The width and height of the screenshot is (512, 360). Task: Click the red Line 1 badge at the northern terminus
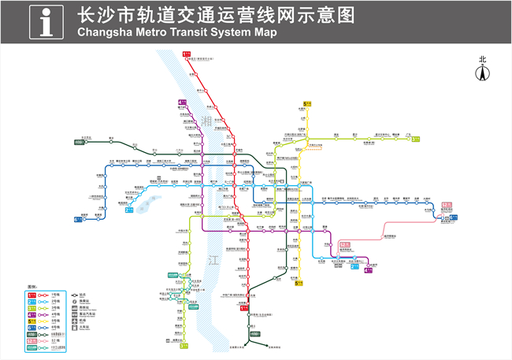(x=187, y=54)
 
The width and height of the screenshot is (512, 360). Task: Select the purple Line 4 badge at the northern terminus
(x=182, y=102)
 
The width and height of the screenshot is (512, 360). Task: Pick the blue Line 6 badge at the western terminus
(x=78, y=219)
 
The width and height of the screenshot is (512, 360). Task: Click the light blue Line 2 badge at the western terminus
(x=129, y=210)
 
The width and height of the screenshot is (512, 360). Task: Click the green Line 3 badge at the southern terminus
(x=184, y=345)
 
